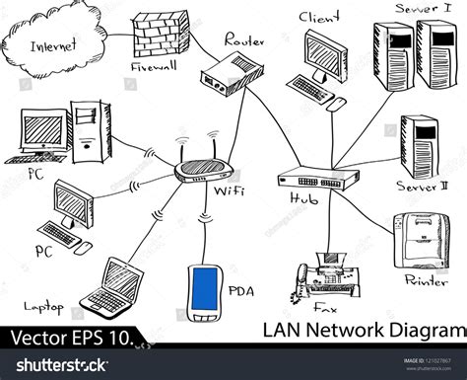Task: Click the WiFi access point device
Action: click(206, 170)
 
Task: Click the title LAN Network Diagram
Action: click(364, 329)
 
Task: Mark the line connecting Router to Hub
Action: click(264, 126)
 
